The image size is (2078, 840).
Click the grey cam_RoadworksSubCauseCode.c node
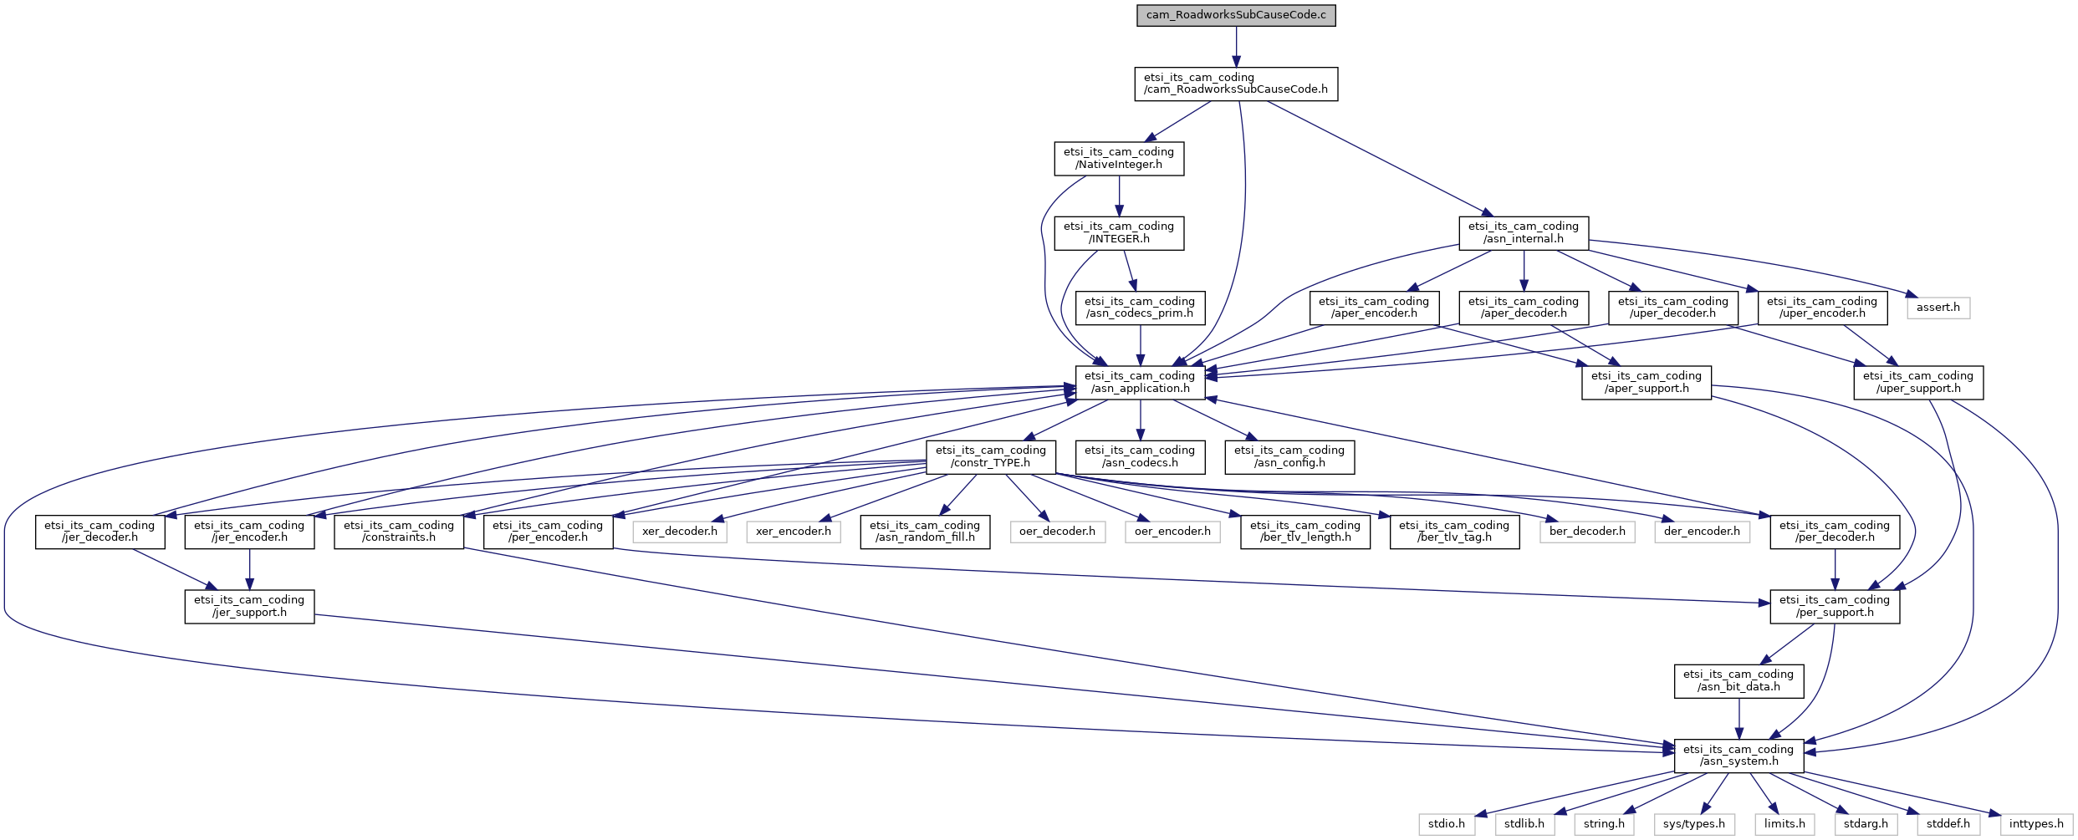[1236, 15]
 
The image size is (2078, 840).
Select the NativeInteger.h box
[1119, 158]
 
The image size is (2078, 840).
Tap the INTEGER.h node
[1119, 232]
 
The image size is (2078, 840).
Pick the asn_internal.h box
[1524, 232]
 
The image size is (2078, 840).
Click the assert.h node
[1938, 308]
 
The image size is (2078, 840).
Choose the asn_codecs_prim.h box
[1140, 308]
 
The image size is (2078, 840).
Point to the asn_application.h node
[1140, 382]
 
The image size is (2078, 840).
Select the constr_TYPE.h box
[991, 456]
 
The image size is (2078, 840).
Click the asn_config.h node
[1289, 456]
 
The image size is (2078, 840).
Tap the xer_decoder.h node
[680, 532]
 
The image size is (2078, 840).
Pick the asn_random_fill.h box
[925, 532]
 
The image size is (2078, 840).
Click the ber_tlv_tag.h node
[1454, 532]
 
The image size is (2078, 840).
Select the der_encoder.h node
[1702, 532]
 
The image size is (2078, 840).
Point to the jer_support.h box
[249, 606]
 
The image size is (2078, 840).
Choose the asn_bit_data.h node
[1739, 680]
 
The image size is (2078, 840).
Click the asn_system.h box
[1739, 756]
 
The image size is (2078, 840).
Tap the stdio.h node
[1447, 824]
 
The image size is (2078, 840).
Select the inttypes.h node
[2036, 824]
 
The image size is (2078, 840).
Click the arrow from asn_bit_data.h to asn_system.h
[1739, 719]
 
